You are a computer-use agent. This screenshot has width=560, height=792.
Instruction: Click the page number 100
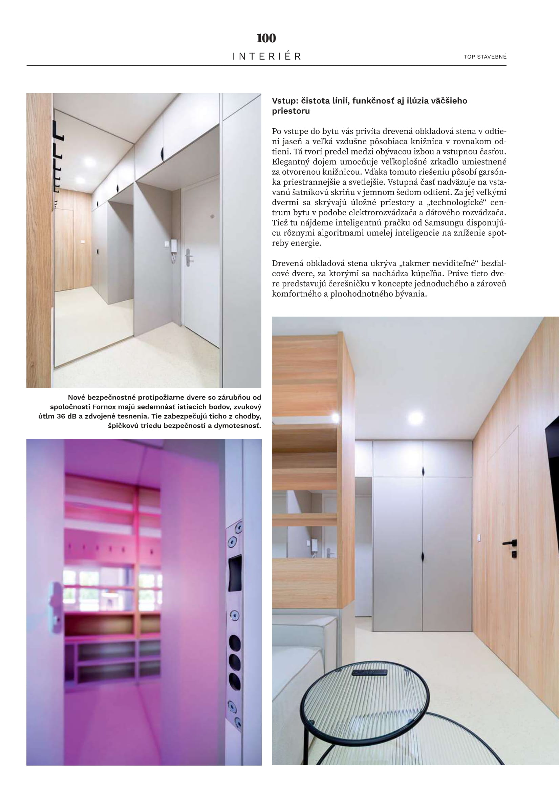(x=266, y=38)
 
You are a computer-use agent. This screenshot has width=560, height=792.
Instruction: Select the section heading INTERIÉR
(x=266, y=56)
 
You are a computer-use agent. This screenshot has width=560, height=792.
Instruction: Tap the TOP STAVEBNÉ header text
(x=485, y=57)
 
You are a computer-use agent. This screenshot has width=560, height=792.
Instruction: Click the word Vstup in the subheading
(x=285, y=101)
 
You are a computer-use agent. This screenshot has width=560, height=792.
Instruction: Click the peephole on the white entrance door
(x=212, y=216)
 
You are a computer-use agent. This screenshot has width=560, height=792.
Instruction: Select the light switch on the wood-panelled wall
(x=478, y=537)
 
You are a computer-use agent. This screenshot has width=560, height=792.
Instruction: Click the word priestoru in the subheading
(x=291, y=111)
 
